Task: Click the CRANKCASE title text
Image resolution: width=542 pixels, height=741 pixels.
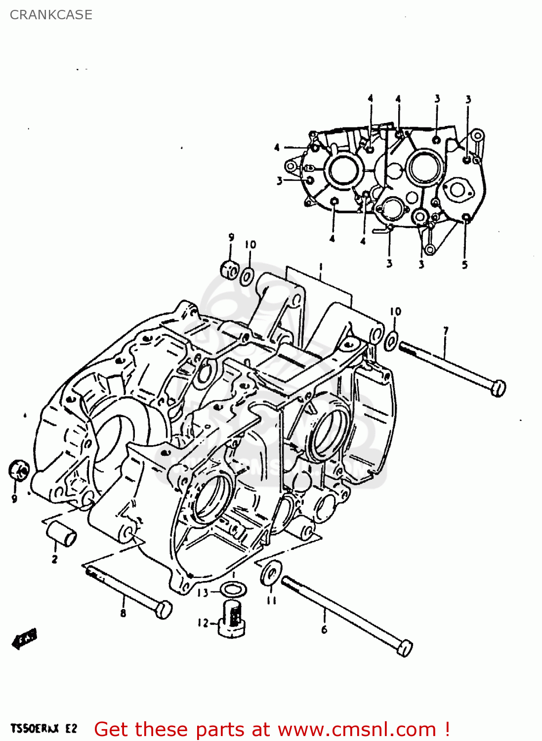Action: click(51, 15)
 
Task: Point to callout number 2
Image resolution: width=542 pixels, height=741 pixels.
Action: click(54, 559)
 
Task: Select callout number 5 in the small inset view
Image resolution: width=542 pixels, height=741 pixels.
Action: click(464, 265)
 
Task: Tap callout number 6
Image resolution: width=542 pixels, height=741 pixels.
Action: click(324, 629)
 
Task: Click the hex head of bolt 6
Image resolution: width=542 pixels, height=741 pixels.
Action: click(404, 648)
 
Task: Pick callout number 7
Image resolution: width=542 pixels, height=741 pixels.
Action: click(446, 330)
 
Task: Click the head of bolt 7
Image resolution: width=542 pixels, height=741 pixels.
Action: click(498, 388)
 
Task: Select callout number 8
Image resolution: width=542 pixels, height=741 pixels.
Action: click(123, 614)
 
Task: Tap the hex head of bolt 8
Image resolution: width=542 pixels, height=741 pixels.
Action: click(163, 609)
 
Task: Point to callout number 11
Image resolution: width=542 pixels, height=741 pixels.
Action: click(271, 600)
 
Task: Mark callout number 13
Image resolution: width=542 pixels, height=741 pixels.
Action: click(203, 592)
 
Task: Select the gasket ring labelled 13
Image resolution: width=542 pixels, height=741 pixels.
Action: click(233, 589)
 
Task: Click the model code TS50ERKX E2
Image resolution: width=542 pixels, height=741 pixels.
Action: click(44, 729)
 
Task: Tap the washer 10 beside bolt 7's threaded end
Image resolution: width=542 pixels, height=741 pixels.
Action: click(391, 340)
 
